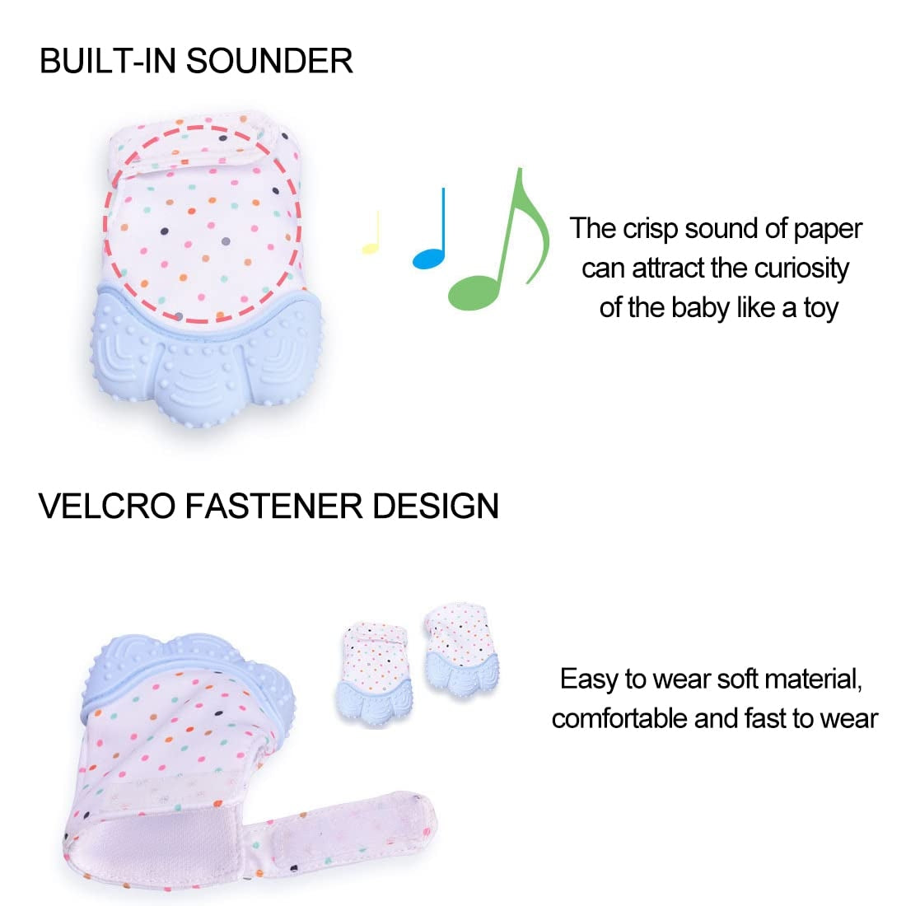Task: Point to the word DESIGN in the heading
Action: (x=436, y=506)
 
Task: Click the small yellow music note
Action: (x=372, y=234)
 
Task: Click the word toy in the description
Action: (x=820, y=308)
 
